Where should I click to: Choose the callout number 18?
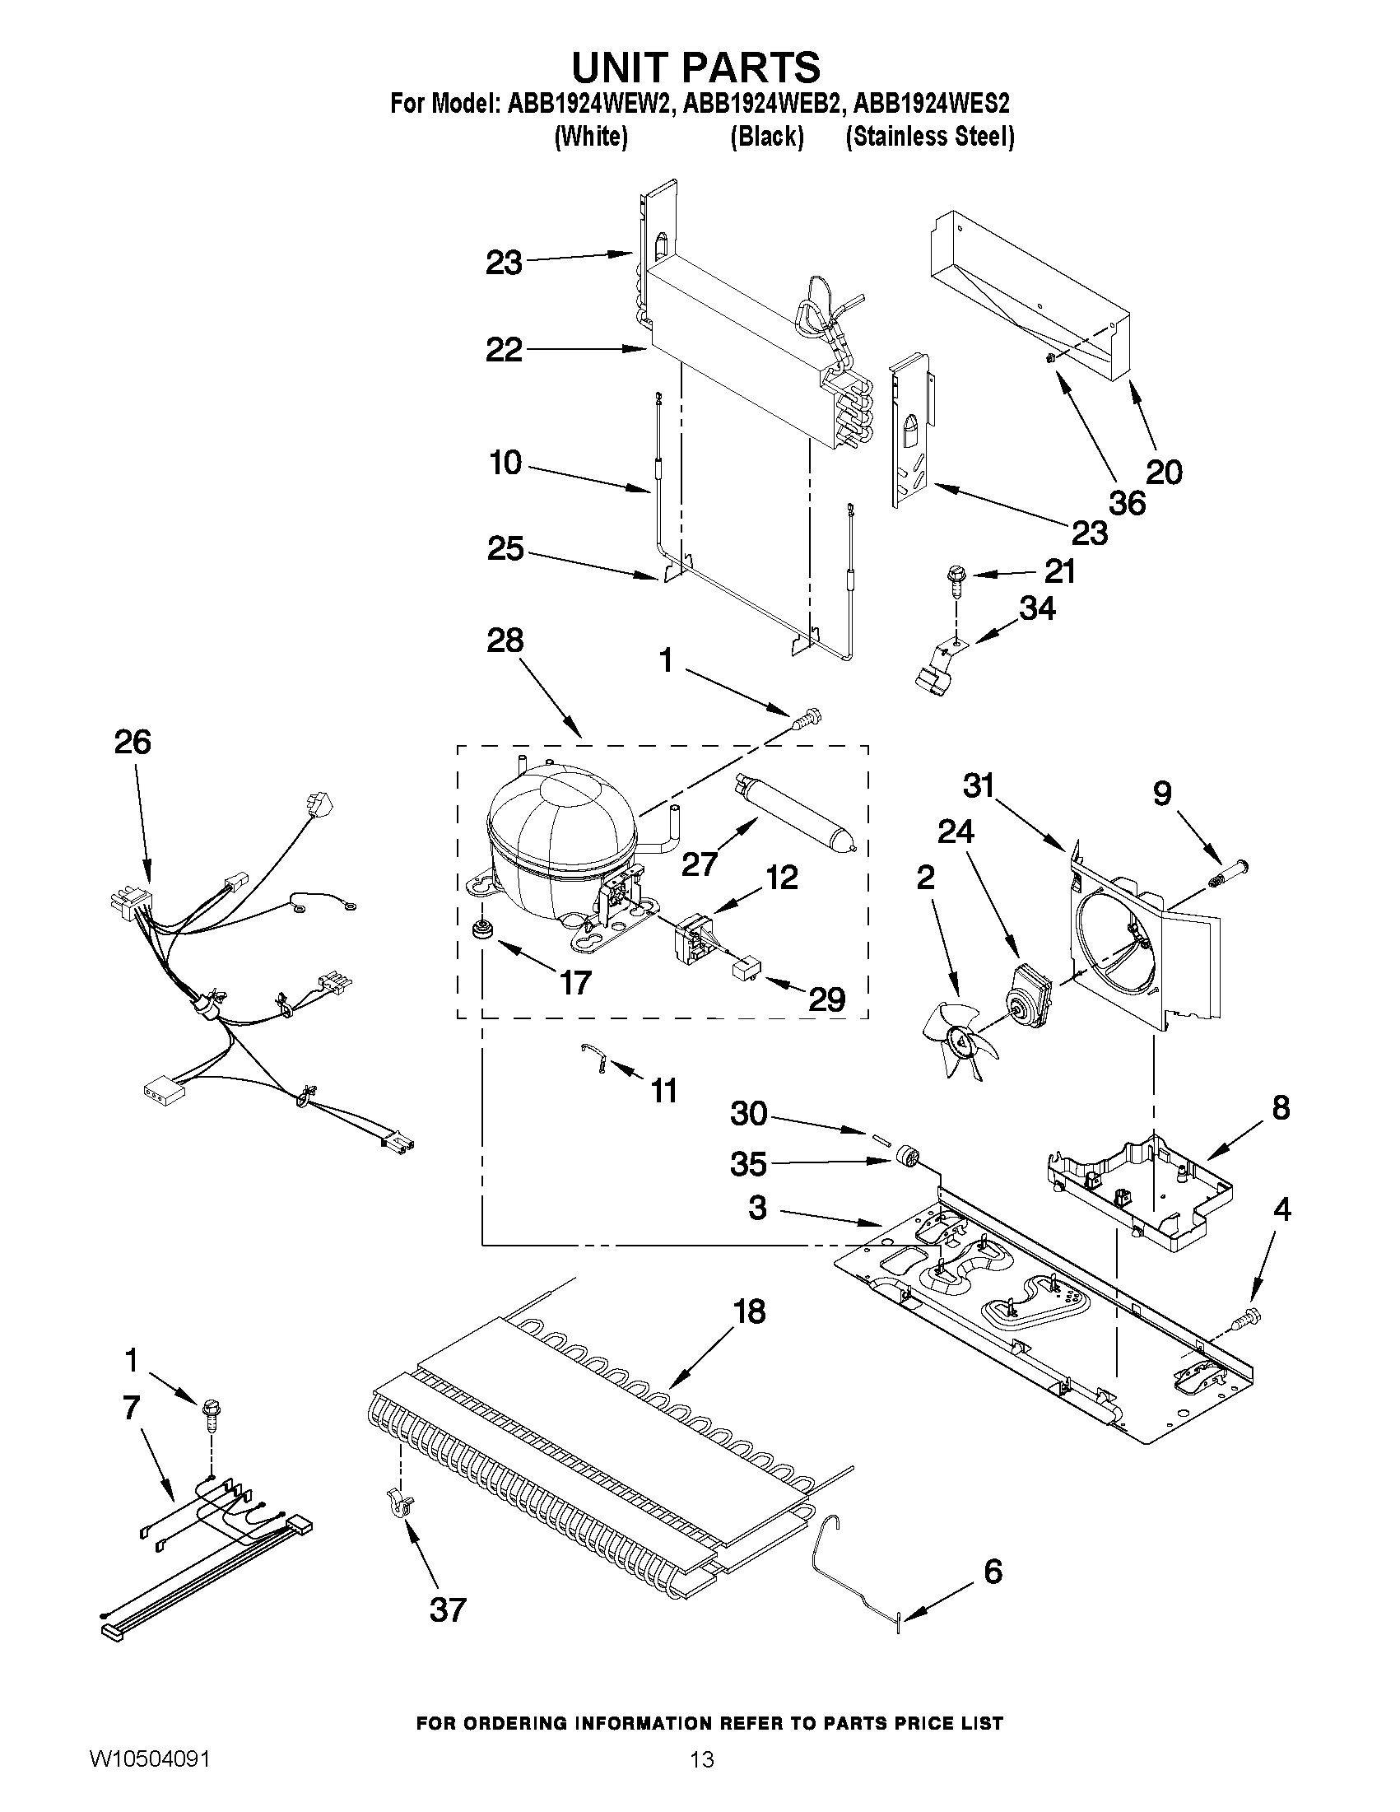[x=749, y=1311]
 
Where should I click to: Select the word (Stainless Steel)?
[x=929, y=137]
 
